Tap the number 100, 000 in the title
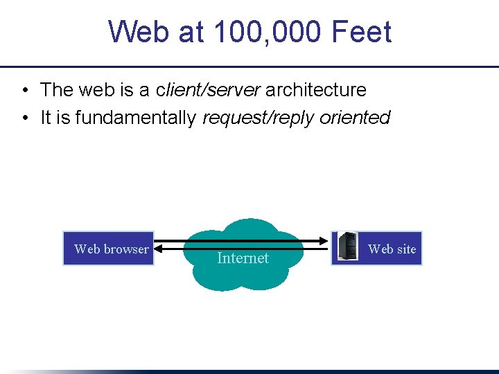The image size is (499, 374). [x=258, y=32]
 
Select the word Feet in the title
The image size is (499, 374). [x=361, y=32]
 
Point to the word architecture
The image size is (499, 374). [x=316, y=90]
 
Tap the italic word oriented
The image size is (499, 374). [x=355, y=118]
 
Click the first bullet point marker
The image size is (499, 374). [x=24, y=90]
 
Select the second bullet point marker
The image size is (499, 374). [x=24, y=118]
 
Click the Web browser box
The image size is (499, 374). [x=108, y=249]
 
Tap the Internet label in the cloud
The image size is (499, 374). [x=243, y=258]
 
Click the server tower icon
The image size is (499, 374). [x=347, y=247]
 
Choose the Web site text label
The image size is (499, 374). [x=392, y=249]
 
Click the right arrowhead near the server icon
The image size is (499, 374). [x=326, y=241]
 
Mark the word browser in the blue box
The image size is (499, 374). [x=125, y=249]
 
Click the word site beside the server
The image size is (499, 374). [x=406, y=249]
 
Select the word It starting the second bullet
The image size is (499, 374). [x=46, y=118]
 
